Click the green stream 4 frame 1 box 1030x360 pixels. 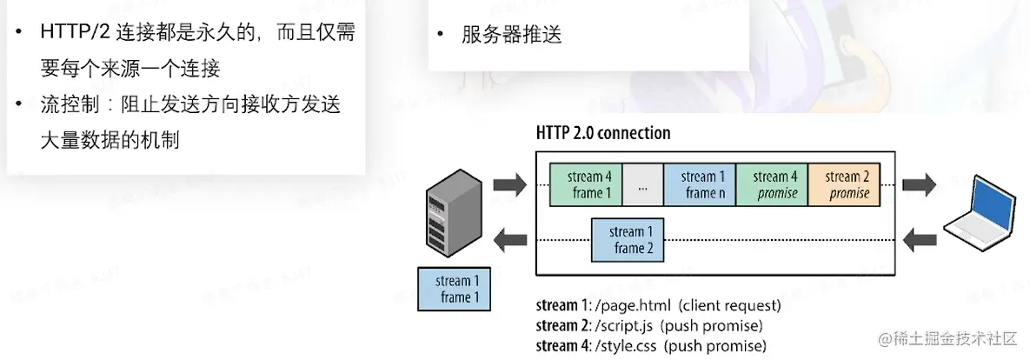coord(586,184)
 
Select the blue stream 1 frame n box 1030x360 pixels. coord(699,184)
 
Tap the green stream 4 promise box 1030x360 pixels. coord(771,184)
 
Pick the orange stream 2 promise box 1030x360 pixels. coord(843,184)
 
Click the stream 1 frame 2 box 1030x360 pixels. coord(627,240)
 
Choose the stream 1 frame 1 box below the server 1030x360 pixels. coord(454,290)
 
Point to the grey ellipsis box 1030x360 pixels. coord(642,184)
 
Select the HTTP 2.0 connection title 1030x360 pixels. coord(603,133)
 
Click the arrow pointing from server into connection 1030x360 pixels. coord(509,184)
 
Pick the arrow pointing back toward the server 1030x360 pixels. coord(509,239)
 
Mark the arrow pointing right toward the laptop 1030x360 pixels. coord(919,184)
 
